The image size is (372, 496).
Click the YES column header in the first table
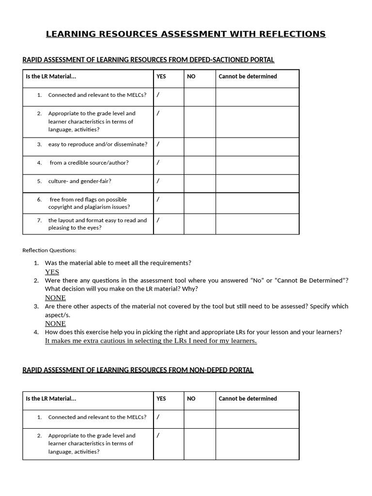pyautogui.click(x=161, y=77)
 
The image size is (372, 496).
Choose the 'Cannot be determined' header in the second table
pyautogui.click(x=248, y=399)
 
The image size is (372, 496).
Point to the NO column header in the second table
pyautogui.click(x=191, y=399)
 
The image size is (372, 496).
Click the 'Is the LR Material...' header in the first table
pyautogui.click(x=51, y=77)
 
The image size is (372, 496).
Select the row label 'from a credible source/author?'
pyautogui.click(x=89, y=163)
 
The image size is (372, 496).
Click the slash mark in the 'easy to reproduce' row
pyautogui.click(x=158, y=144)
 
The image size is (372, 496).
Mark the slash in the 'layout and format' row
pyautogui.click(x=158, y=219)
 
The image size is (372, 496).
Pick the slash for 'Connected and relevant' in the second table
pyautogui.click(x=158, y=417)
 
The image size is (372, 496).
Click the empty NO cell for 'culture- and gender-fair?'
pyautogui.click(x=200, y=184)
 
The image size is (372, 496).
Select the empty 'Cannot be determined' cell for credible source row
pyautogui.click(x=257, y=165)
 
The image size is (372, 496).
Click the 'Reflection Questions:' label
pyautogui.click(x=49, y=250)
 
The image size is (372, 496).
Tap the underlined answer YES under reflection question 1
pyautogui.click(x=52, y=272)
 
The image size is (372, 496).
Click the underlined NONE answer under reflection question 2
pyautogui.click(x=55, y=297)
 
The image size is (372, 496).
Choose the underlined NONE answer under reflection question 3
pyautogui.click(x=55, y=324)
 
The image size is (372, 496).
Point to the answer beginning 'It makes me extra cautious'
pyautogui.click(x=151, y=341)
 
